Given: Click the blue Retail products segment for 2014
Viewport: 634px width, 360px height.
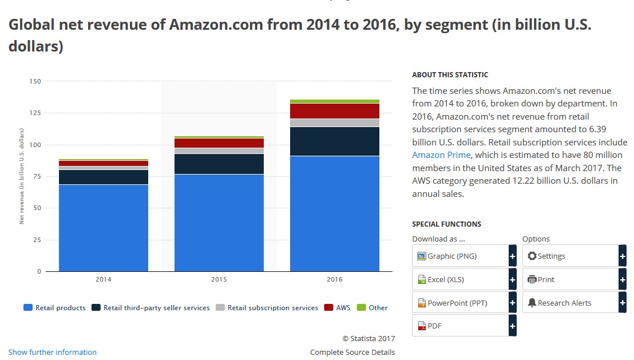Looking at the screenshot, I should (104, 228).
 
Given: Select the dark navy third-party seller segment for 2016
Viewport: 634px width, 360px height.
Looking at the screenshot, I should (335, 141).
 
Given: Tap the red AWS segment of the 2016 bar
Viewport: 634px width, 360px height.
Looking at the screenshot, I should (335, 111).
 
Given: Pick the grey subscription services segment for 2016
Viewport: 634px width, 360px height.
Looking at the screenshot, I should (335, 122).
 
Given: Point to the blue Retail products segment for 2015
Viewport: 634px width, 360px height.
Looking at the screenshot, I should (219, 223).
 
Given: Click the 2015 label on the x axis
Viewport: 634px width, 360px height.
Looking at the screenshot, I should (219, 279).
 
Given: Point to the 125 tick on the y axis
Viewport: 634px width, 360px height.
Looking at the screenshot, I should (35, 113).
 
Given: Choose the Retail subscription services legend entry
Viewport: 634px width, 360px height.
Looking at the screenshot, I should (267, 308).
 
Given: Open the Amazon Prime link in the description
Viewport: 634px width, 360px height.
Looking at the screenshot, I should (441, 155).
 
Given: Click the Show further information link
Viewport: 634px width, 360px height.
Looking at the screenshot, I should (53, 352).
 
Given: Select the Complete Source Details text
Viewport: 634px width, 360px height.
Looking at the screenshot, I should (352, 352).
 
